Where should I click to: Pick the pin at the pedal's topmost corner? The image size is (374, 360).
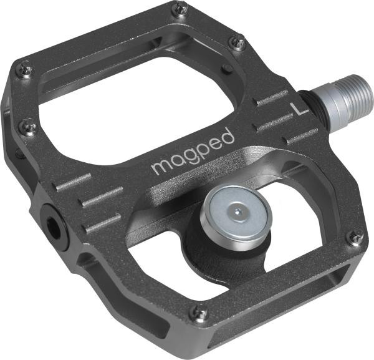click(x=180, y=8)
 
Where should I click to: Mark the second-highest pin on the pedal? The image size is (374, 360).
click(x=236, y=42)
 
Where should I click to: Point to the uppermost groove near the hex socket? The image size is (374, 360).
click(x=73, y=182)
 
